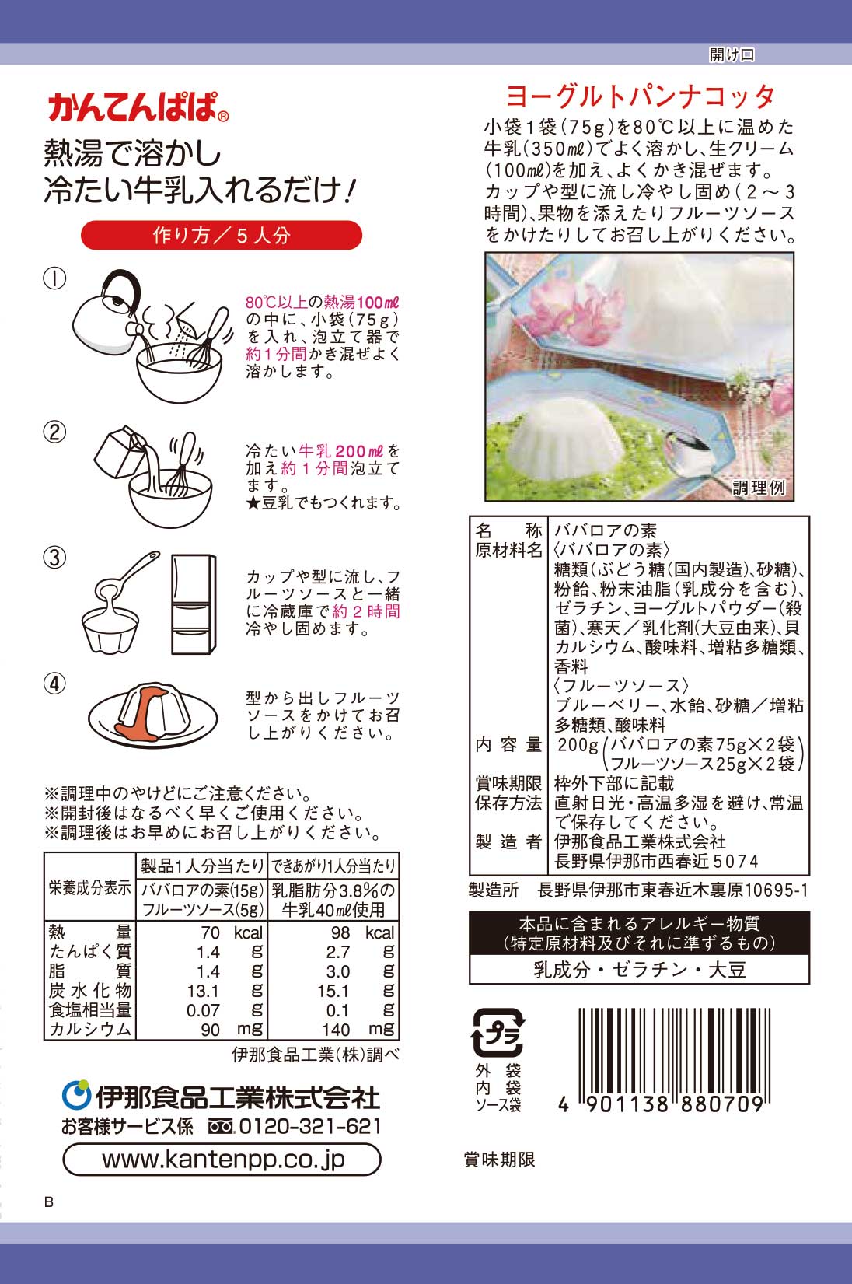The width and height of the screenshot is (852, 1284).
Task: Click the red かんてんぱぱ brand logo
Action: click(x=137, y=107)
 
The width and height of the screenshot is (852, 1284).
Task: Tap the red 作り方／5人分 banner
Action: click(x=222, y=235)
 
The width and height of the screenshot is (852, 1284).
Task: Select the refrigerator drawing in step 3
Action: click(x=194, y=604)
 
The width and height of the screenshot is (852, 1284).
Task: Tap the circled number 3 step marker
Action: click(x=54, y=558)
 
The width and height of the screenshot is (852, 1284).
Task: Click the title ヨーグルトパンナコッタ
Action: click(x=640, y=96)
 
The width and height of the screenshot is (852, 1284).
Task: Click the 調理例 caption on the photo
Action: click(x=759, y=488)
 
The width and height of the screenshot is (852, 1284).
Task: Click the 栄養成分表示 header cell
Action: click(x=90, y=887)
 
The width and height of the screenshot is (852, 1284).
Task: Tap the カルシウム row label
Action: click(x=90, y=1030)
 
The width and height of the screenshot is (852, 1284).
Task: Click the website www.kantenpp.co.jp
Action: click(x=222, y=1160)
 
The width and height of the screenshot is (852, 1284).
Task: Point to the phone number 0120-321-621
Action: click(x=309, y=1126)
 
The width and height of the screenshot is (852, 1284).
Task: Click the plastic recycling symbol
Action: click(x=498, y=1032)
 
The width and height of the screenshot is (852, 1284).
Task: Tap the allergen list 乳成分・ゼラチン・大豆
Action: click(x=639, y=970)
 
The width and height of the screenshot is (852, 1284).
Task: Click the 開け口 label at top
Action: click(x=731, y=54)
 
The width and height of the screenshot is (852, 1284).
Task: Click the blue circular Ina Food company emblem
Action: click(x=76, y=1095)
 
